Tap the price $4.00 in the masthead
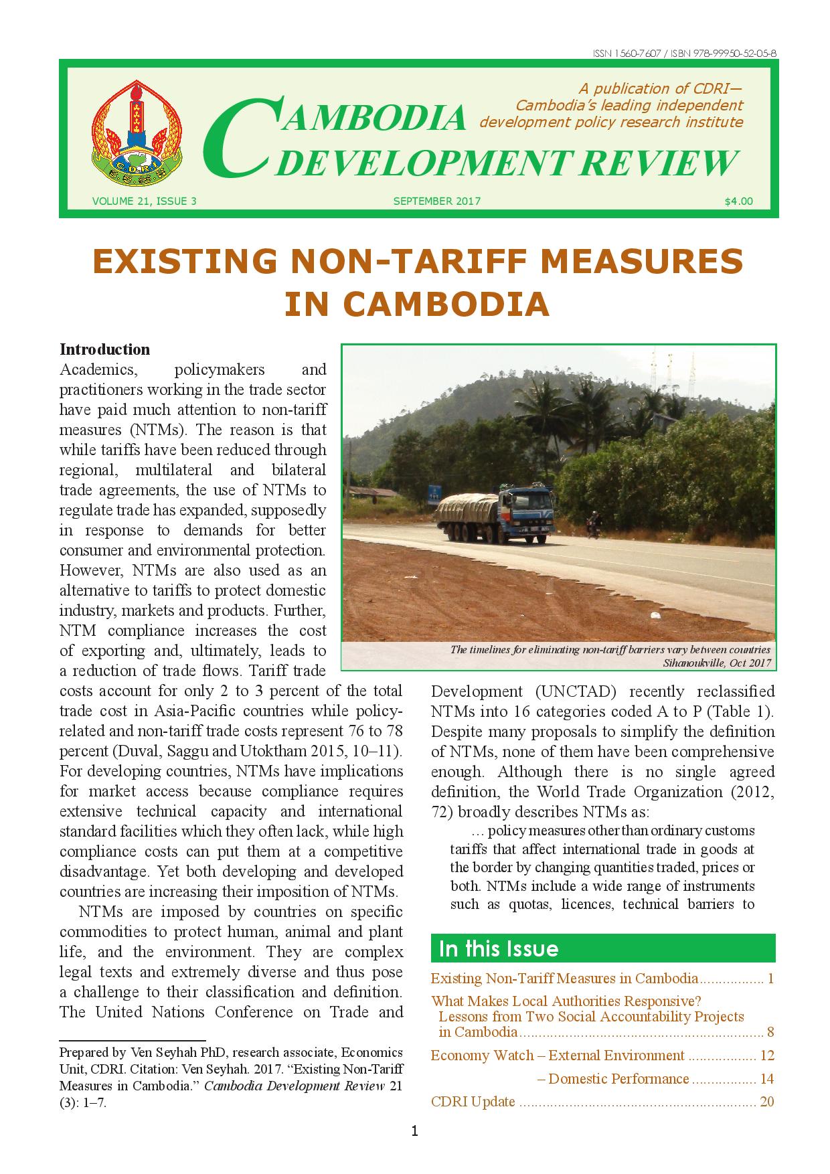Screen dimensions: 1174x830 click(x=738, y=201)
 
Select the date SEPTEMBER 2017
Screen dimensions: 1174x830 click(x=436, y=201)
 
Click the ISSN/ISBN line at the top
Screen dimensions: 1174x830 click(x=684, y=54)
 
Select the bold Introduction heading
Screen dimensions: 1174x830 click(x=105, y=349)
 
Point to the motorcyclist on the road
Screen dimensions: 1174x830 click(x=592, y=524)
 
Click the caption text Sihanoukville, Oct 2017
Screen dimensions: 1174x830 click(x=717, y=663)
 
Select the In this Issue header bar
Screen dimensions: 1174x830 click(x=602, y=948)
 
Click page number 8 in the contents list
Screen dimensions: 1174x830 click(x=770, y=1031)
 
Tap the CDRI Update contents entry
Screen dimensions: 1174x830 click(x=473, y=1102)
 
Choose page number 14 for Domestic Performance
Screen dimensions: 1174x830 click(x=766, y=1078)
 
